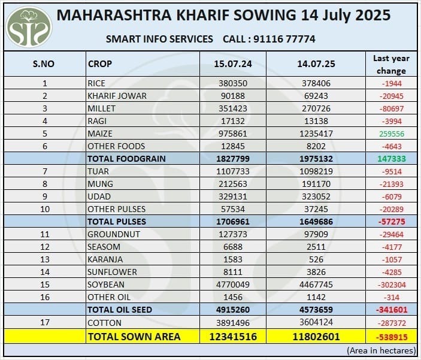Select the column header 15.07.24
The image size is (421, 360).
[234, 63]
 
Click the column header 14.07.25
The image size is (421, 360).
[316, 63]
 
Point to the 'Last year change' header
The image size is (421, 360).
[391, 64]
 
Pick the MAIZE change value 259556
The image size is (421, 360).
[391, 134]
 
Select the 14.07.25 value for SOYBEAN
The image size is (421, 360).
[316, 285]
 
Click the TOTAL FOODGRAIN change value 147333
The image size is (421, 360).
[391, 159]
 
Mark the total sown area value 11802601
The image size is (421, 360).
[316, 337]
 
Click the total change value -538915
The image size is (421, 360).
[391, 337]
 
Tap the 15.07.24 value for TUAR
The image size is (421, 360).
[234, 171]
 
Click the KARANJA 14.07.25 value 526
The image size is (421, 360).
[316, 259]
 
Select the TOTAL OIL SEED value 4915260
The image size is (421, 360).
[234, 310]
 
